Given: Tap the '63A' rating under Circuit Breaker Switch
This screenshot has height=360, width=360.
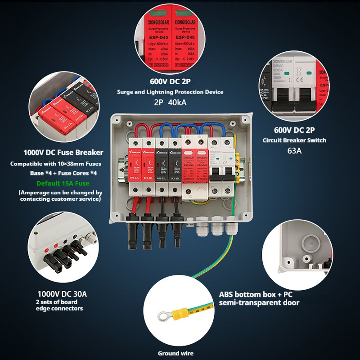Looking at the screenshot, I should (294, 150).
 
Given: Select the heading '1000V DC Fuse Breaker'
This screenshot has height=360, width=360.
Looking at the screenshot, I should (63, 153).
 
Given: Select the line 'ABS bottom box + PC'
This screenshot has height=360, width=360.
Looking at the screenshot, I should (256, 295).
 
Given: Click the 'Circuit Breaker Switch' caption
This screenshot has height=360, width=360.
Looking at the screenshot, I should (294, 140).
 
